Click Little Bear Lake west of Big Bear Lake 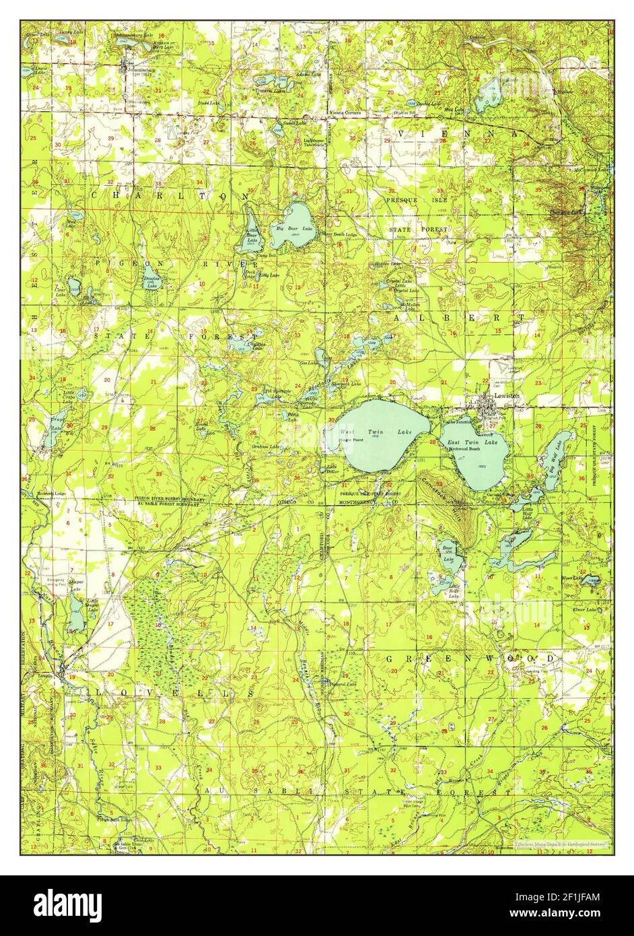[x=250, y=229]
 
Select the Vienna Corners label [x=344, y=112]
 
